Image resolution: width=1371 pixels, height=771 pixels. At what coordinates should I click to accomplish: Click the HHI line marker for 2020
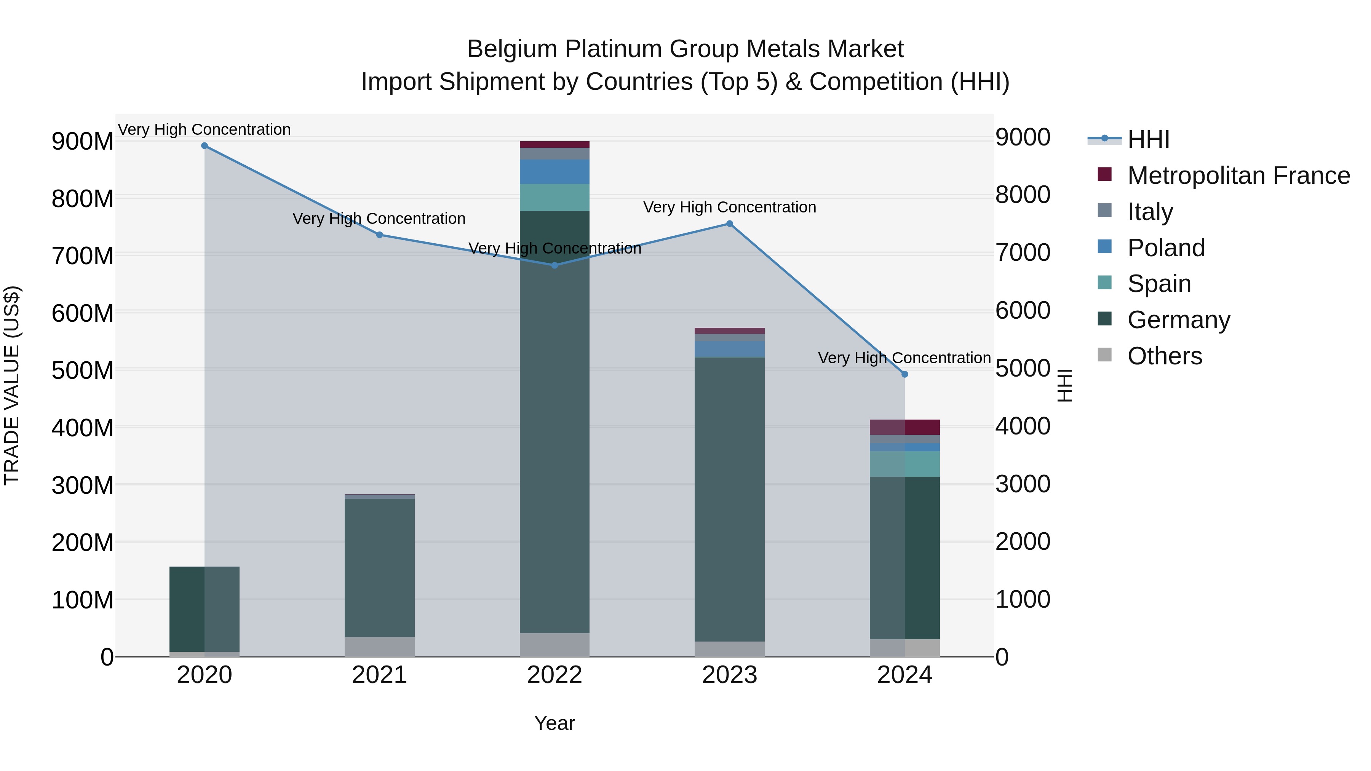(x=205, y=146)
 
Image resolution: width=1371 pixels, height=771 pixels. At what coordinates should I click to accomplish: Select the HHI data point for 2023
(x=730, y=224)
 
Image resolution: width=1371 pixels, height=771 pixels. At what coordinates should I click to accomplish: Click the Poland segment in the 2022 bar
(x=554, y=172)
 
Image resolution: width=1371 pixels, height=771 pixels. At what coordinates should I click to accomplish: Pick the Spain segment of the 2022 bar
(x=554, y=197)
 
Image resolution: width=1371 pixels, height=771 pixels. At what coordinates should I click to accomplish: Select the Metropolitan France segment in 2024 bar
(x=905, y=427)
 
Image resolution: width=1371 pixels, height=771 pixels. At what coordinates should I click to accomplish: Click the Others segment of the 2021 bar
(x=379, y=646)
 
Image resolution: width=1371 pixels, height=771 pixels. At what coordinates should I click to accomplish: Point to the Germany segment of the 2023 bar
(x=730, y=499)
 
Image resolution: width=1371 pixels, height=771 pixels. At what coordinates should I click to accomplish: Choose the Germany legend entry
(x=1178, y=320)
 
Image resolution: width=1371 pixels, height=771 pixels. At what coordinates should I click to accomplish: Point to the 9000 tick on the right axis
(x=1023, y=137)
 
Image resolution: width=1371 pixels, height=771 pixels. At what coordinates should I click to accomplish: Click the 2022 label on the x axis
(x=554, y=675)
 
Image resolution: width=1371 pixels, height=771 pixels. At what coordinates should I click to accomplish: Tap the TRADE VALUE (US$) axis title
(x=12, y=385)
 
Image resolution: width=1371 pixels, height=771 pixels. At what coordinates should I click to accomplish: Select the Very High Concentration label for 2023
(x=730, y=208)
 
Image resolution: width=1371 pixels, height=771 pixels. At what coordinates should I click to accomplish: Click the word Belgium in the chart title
(x=513, y=49)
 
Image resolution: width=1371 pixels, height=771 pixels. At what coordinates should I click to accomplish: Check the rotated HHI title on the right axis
(x=1064, y=385)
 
